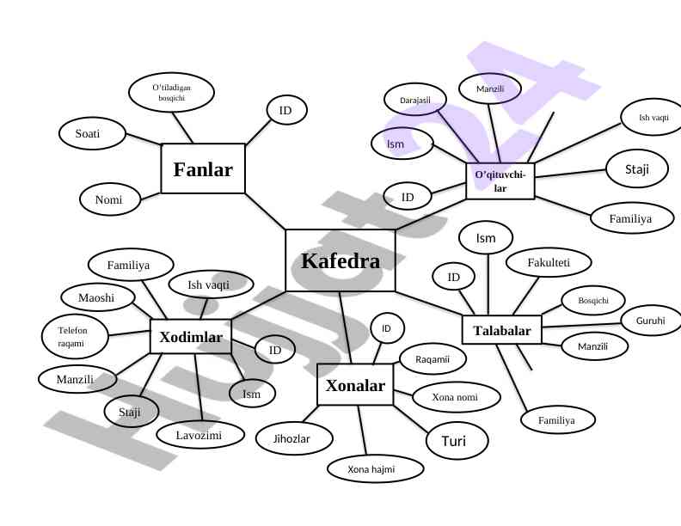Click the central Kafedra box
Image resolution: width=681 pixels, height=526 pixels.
pos(340,261)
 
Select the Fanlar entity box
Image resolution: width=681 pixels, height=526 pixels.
pos(203,169)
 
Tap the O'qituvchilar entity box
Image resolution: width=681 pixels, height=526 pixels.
pos(500,181)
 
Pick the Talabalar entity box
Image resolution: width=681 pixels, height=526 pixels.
pos(502,331)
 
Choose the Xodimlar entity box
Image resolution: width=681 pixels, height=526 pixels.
pos(191,337)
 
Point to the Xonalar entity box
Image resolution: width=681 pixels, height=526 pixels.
pos(355,385)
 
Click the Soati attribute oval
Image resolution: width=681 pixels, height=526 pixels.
pos(88,133)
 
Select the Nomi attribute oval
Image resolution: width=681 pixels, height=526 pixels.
pos(108,200)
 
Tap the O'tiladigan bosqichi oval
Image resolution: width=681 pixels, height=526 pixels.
pos(171,93)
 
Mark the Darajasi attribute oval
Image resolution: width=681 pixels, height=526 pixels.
pos(415,101)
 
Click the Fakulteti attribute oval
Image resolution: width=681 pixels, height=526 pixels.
pos(548,261)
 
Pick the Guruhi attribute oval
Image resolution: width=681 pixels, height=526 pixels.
pos(651,321)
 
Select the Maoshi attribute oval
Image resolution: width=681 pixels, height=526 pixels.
pos(99,297)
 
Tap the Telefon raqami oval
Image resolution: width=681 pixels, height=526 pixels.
pos(76,336)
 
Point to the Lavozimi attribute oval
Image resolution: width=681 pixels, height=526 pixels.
pos(199,436)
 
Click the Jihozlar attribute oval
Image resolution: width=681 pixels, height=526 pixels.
pos(291,438)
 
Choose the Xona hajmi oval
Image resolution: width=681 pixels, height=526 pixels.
pos(376,469)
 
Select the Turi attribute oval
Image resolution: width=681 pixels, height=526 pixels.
pos(457,441)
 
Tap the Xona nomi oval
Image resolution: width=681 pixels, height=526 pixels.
pos(455,397)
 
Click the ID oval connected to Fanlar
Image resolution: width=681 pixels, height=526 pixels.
pos(285,110)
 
